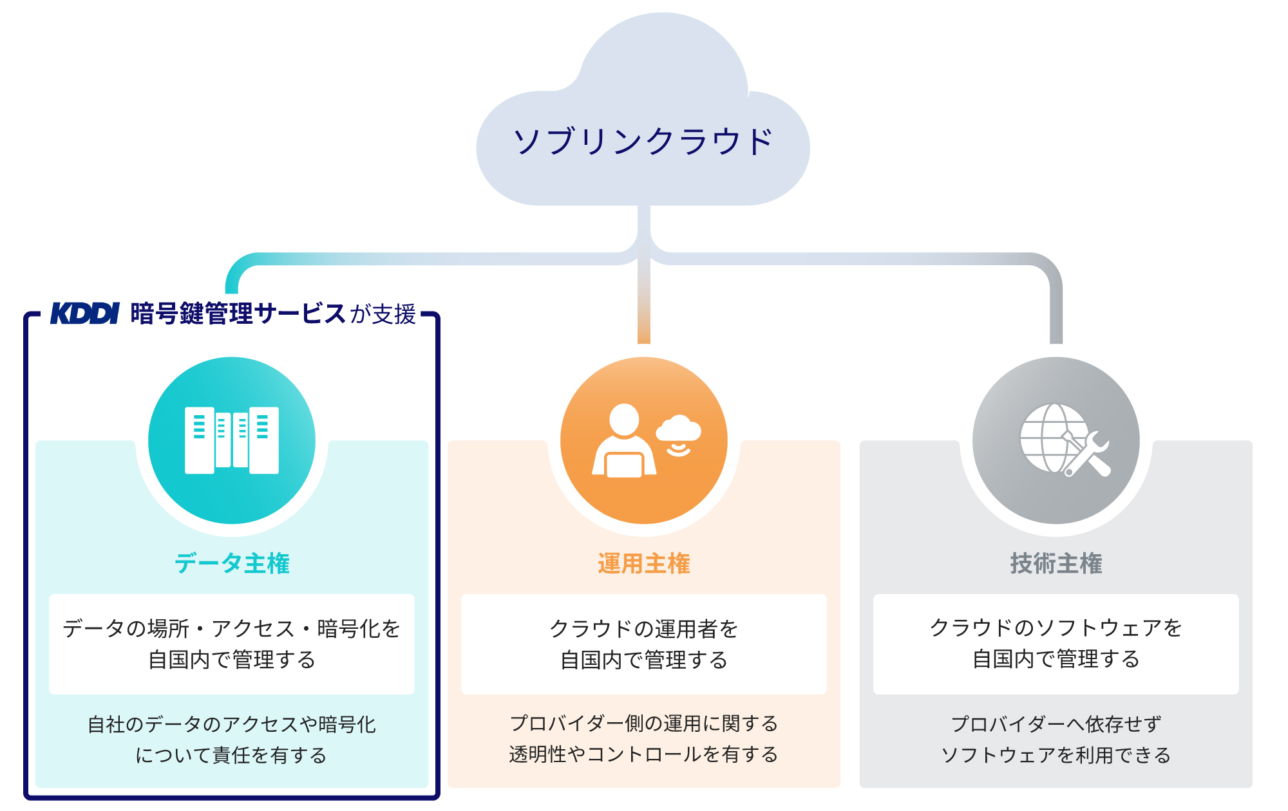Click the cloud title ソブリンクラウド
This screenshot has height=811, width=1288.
(643, 142)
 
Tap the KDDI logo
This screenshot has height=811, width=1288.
(84, 313)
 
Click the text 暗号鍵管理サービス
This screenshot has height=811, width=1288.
(238, 313)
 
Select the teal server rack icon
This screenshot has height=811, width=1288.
(232, 440)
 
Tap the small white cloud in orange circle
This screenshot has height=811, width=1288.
(678, 430)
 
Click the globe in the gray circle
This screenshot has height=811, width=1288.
(1050, 438)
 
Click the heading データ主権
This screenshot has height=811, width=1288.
(232, 563)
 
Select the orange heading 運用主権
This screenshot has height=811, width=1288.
(643, 563)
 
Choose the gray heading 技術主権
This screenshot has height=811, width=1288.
(1056, 563)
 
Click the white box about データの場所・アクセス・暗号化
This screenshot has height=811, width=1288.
(232, 644)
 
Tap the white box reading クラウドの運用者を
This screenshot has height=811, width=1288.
(643, 644)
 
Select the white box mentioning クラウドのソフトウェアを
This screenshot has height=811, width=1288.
(1056, 644)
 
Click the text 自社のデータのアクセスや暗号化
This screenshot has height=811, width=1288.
(232, 724)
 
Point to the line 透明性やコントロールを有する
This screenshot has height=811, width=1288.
(643, 754)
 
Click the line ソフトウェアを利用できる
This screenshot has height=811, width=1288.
(1056, 754)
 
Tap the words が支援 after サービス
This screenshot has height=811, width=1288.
(383, 314)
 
